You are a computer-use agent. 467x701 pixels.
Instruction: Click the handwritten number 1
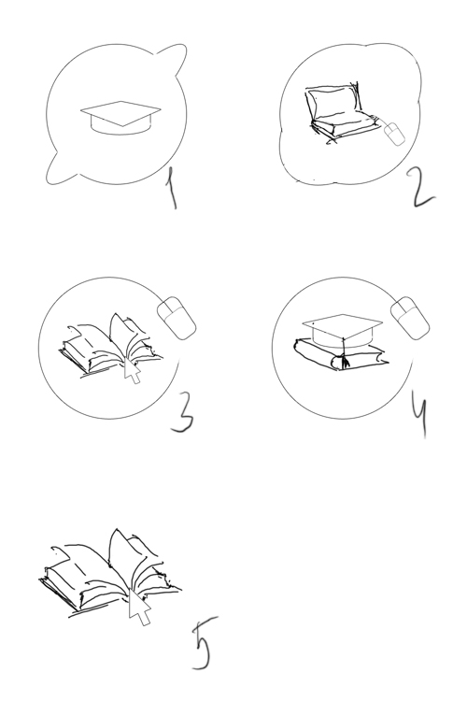[x=171, y=188]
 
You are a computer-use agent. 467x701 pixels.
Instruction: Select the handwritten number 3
[x=183, y=412]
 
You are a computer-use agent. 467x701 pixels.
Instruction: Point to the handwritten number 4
[x=419, y=417]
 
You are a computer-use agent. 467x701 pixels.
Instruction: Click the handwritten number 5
[x=205, y=644]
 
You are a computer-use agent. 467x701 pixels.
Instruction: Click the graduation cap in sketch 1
[x=120, y=117]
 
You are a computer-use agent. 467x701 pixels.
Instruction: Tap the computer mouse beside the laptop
[x=394, y=134]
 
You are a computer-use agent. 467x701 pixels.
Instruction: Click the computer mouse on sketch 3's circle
[x=177, y=318]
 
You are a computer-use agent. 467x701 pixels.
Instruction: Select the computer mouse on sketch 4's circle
[x=410, y=318]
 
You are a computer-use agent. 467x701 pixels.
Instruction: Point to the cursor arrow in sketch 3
[x=132, y=370]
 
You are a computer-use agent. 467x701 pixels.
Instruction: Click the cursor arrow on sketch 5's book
[x=139, y=606]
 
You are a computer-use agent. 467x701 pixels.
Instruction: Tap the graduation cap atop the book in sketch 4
[x=343, y=331]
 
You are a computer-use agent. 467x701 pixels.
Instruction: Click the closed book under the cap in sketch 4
[x=341, y=355]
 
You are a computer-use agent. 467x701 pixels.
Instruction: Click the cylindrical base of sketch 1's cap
[x=120, y=125]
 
